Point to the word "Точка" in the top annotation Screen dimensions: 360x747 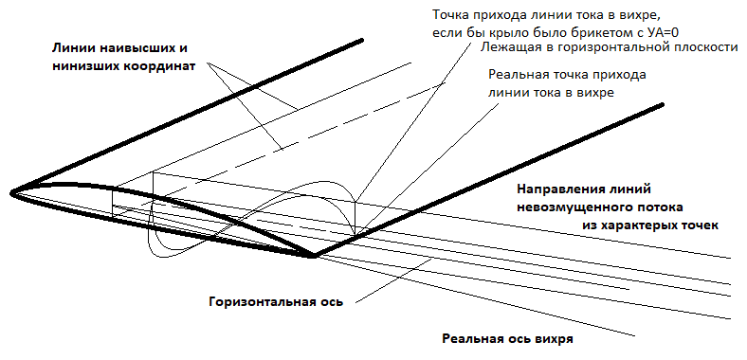point(453,16)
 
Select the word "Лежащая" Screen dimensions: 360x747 point(508,46)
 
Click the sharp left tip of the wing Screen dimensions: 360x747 point(12,193)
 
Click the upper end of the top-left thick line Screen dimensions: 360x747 point(363,40)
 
